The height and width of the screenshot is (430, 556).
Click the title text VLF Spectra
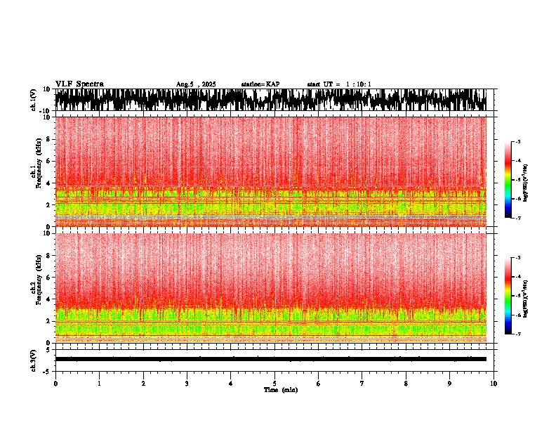tap(79, 84)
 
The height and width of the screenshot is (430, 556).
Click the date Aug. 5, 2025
tap(196, 84)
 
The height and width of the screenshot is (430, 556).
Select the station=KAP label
tap(260, 84)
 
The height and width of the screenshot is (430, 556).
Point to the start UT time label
tap(339, 84)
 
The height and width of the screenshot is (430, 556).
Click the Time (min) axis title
tap(280, 389)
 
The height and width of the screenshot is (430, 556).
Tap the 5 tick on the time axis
tap(274, 384)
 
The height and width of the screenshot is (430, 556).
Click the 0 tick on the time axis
tap(55, 384)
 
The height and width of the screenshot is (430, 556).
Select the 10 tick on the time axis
tap(494, 384)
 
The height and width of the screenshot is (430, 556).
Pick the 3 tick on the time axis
tap(187, 384)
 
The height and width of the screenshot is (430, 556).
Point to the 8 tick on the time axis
tap(406, 384)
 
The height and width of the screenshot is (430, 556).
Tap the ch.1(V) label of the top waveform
tap(34, 100)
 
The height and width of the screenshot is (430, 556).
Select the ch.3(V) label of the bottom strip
tap(34, 359)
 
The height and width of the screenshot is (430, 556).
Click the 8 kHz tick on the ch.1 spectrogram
tap(49, 139)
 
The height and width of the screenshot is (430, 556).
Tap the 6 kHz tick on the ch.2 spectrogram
tap(49, 277)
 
